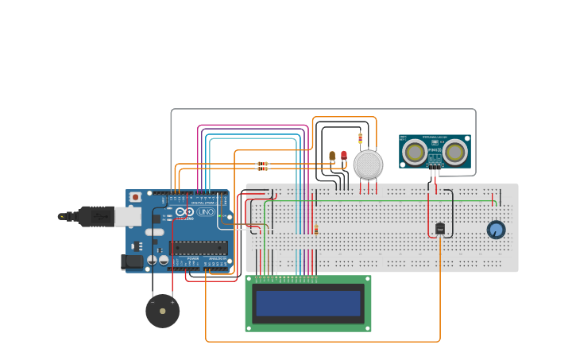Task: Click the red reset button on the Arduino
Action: click(x=136, y=196)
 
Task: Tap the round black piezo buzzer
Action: click(x=162, y=311)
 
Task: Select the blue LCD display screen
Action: click(x=307, y=303)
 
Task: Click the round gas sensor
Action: click(x=368, y=165)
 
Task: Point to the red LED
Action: click(x=344, y=155)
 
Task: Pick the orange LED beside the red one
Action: click(x=332, y=156)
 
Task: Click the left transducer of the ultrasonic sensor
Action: click(x=414, y=151)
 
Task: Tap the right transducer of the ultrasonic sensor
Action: click(x=454, y=151)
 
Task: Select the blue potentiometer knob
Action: click(x=496, y=230)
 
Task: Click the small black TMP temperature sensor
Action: click(x=439, y=229)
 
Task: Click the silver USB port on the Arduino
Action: click(x=128, y=216)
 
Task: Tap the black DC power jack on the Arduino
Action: click(x=132, y=261)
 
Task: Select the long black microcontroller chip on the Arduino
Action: click(x=198, y=247)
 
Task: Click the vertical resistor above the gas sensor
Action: click(x=360, y=138)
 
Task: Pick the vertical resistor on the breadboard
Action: click(x=315, y=230)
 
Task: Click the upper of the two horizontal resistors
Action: click(x=262, y=164)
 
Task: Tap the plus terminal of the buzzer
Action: click(x=172, y=302)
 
